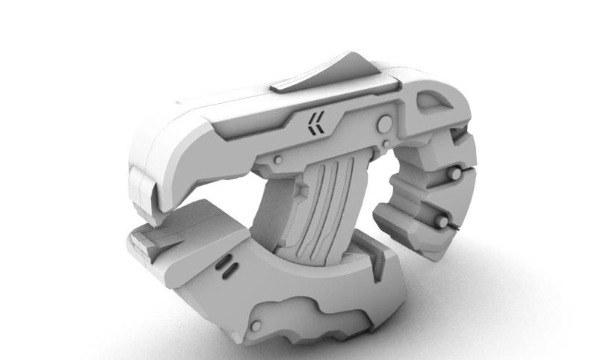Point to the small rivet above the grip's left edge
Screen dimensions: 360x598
277,158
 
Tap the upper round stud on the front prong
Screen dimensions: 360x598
454,173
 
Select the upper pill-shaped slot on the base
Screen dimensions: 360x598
222,263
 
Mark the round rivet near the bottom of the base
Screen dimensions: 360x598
256,326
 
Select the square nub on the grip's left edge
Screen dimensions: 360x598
300,191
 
